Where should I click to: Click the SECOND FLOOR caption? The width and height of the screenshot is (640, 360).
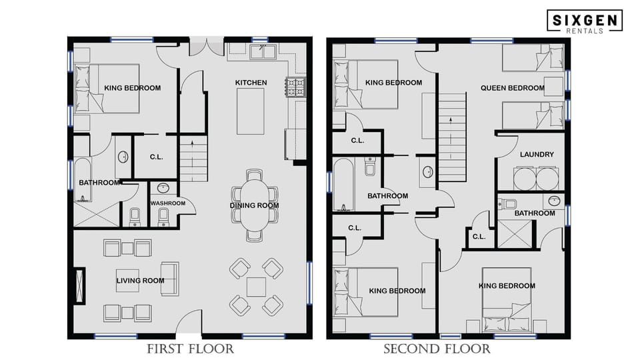[437, 349]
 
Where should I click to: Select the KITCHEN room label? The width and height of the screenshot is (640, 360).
[251, 83]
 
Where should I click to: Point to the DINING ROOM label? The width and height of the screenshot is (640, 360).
[255, 205]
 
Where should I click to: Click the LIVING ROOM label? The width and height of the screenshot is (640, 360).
[140, 281]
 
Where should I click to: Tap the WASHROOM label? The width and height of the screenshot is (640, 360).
[167, 203]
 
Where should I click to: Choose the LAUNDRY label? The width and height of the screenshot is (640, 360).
[537, 155]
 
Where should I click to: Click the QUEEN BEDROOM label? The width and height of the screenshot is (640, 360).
[513, 88]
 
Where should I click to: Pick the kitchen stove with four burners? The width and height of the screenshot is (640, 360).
[295, 86]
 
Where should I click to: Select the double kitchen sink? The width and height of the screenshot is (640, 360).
[264, 52]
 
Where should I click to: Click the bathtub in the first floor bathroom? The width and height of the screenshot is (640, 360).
[83, 179]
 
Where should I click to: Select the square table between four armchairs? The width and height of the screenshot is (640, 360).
[256, 287]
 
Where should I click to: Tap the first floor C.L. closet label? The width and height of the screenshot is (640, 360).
[156, 157]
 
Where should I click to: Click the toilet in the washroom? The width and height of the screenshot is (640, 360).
[164, 216]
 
